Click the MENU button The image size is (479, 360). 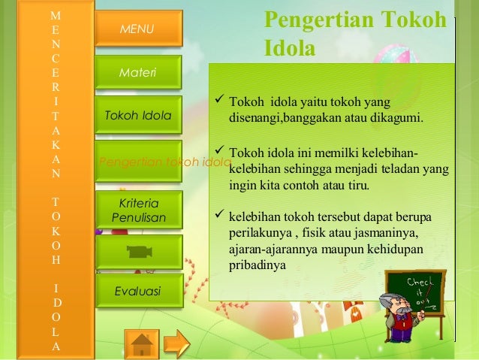point(138,29)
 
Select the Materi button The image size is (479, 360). point(138,73)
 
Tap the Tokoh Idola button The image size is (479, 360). point(138,116)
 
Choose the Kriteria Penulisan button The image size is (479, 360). point(138,210)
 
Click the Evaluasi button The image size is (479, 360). point(138,292)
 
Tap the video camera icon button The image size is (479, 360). point(138,252)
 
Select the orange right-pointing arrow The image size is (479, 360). point(176,343)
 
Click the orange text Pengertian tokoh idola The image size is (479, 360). point(164,162)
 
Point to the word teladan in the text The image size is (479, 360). point(402,169)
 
